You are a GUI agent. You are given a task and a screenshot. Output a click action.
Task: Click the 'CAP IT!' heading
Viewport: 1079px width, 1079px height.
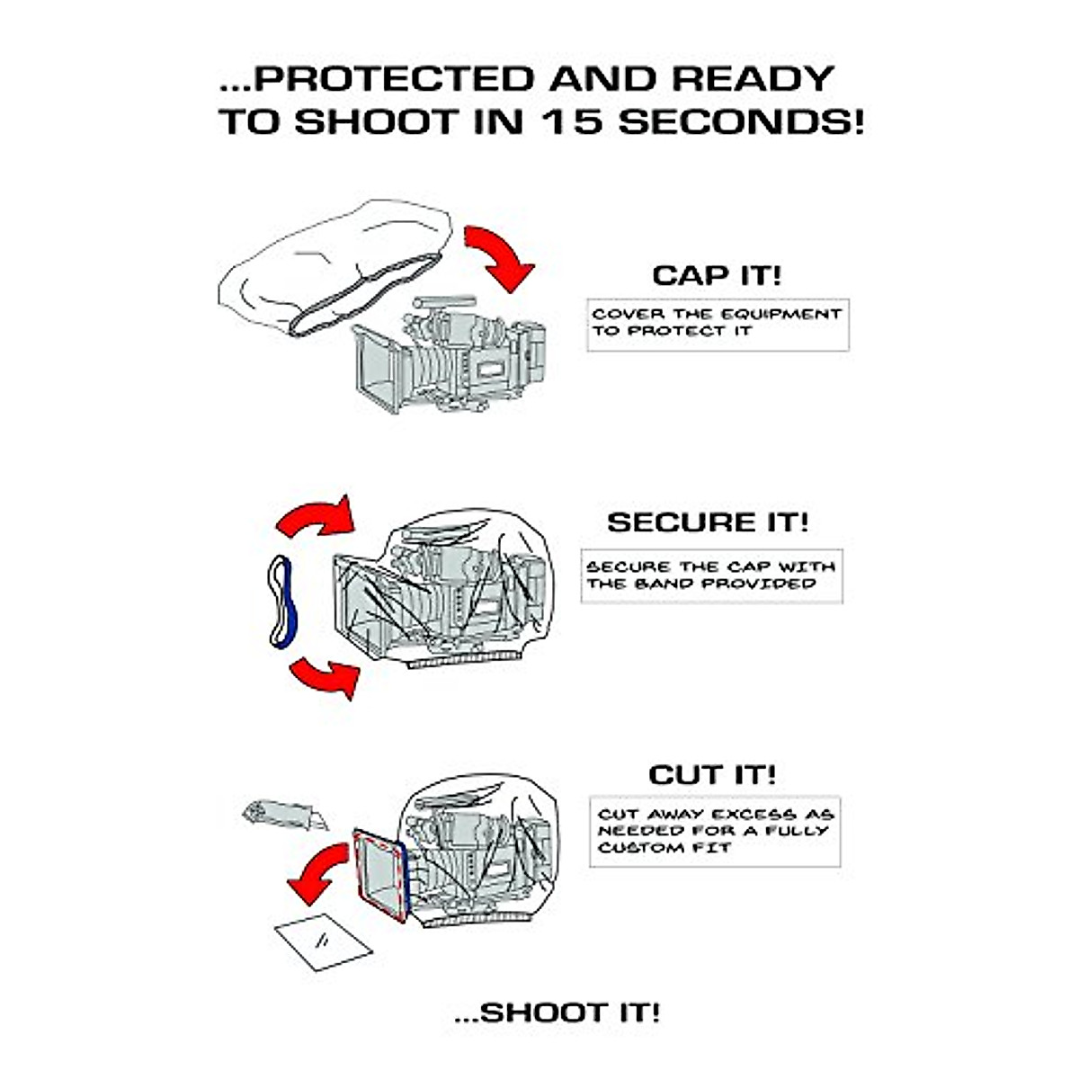coord(717,274)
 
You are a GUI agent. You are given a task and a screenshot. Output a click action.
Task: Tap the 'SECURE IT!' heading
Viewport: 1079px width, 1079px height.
coord(708,522)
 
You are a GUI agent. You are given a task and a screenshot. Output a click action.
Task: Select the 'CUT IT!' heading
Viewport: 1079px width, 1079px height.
coord(712,774)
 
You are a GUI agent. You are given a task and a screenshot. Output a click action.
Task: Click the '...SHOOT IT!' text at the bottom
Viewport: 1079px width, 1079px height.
coord(557,1012)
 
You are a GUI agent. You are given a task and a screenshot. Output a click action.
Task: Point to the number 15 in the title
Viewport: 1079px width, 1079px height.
coord(574,121)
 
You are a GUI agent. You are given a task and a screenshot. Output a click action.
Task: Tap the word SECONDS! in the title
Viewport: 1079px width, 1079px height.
coord(741,121)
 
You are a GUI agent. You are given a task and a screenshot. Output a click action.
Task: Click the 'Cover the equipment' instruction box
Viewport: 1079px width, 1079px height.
coord(717,324)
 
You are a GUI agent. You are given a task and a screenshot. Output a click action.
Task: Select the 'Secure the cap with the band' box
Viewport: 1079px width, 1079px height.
coord(710,575)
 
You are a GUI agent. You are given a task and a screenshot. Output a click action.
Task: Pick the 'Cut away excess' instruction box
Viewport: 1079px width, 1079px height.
coord(715,831)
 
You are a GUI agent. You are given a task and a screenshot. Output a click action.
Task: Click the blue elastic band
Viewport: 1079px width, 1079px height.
coord(282,602)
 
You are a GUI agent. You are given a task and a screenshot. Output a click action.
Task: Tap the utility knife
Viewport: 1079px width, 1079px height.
coord(284,815)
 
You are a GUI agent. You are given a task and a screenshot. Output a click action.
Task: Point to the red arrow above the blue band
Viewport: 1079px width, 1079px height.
coord(317,518)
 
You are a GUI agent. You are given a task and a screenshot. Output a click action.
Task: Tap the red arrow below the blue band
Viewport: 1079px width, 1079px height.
coord(325,676)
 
